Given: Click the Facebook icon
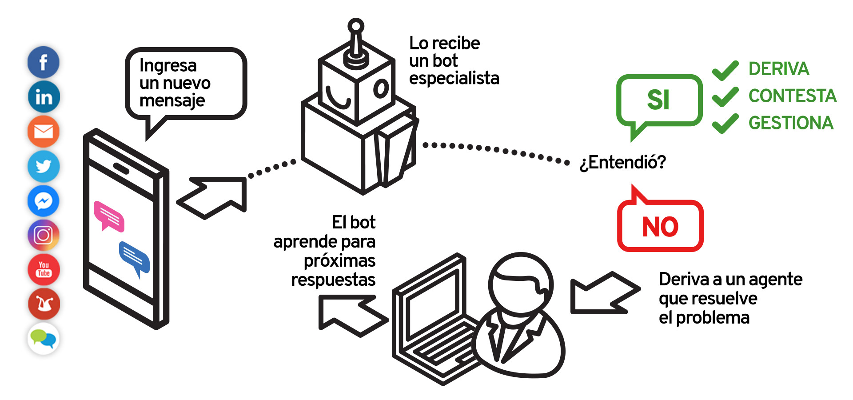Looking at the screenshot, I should pos(44,62).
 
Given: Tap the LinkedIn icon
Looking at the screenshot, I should pos(44,97).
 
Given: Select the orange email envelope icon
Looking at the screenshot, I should pos(44,132).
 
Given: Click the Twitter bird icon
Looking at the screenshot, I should pos(44,166).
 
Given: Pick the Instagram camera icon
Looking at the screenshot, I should pos(44,235).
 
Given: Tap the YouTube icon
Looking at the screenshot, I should pos(44,269).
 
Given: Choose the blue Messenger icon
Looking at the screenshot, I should pos(44,201).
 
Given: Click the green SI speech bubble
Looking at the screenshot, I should pos(659,100).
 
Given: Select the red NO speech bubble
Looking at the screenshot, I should pos(660,226).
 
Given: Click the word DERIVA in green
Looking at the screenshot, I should pos(778,69).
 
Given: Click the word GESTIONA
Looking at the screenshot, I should pos(791,123).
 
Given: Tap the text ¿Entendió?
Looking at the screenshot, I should pos(622,163).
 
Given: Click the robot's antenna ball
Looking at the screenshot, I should pos(356,26).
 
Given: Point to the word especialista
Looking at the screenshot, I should pos(454,78).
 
